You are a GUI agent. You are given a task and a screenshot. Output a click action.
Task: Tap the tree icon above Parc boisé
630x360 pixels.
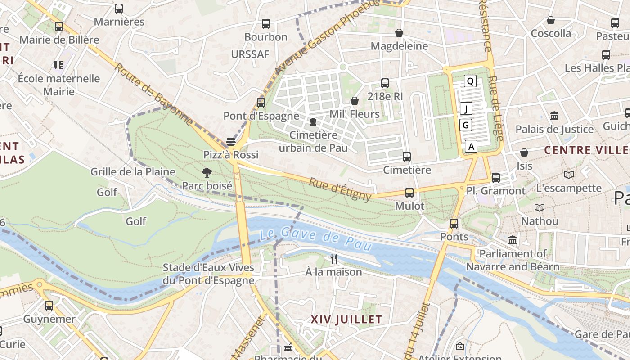(x=207, y=172)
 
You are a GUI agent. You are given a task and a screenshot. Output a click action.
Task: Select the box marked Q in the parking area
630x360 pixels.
(x=470, y=81)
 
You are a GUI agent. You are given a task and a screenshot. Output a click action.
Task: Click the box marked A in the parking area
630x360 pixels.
(x=471, y=146)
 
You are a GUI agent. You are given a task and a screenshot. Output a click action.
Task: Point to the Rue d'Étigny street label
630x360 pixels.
(x=340, y=189)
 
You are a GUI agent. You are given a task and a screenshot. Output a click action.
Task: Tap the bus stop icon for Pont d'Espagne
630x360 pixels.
(x=261, y=103)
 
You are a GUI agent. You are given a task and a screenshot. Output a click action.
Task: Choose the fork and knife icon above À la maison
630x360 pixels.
(x=334, y=258)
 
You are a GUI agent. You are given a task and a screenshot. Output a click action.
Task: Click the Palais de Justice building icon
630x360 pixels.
(x=554, y=116)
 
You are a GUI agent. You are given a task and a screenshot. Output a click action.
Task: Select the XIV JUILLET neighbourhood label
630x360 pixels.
(x=346, y=320)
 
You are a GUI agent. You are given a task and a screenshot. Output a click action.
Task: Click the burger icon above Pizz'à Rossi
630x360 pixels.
(x=231, y=142)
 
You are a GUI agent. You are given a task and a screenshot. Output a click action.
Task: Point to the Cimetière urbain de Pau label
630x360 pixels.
(x=313, y=141)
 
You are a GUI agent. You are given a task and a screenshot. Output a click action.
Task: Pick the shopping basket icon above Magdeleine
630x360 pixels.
(x=399, y=33)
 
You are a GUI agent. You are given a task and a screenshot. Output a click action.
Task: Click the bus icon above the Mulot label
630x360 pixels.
(x=409, y=193)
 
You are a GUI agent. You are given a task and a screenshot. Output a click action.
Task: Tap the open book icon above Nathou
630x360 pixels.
(x=539, y=207)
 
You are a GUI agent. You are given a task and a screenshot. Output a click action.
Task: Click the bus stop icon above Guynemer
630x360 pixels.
(x=49, y=306)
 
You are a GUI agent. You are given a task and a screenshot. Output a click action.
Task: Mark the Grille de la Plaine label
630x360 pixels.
(x=133, y=171)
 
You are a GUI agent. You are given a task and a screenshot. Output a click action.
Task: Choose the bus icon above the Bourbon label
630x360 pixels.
(x=266, y=24)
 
